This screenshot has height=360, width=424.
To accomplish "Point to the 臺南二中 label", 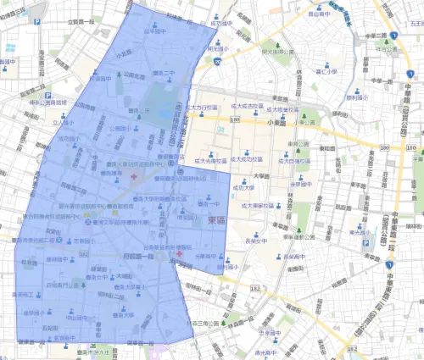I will pos(165,73).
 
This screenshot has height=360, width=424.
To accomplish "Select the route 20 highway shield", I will pos(218,61).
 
